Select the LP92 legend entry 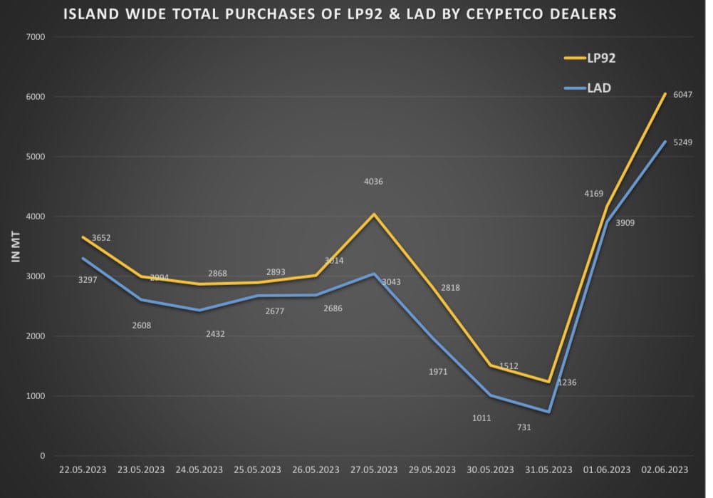(x=600, y=58)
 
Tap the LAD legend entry (x=599, y=88)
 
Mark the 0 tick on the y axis (x=42, y=456)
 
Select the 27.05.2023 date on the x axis (x=374, y=470)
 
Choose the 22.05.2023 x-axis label (x=83, y=470)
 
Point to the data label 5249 (x=683, y=142)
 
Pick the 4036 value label (x=373, y=182)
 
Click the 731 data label (x=524, y=427)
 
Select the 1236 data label (x=567, y=383)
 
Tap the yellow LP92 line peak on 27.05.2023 (x=374, y=214)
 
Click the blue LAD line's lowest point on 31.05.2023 (x=548, y=412)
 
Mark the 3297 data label (x=88, y=280)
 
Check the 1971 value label (x=438, y=372)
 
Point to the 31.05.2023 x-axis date (x=548, y=470)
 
